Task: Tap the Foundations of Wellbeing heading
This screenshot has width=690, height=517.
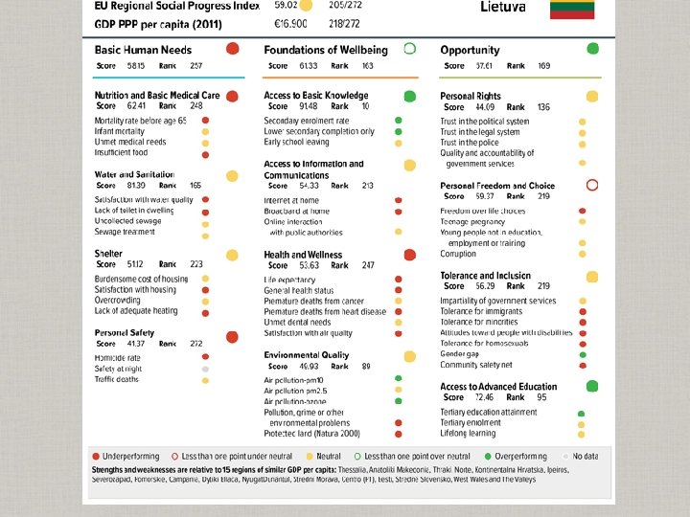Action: [326, 50]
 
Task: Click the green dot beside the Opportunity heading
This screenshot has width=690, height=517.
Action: [592, 49]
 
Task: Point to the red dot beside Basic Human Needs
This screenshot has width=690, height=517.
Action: [233, 49]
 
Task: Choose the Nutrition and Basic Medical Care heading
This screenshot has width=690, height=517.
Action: [157, 96]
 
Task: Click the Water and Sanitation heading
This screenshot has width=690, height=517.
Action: [134, 175]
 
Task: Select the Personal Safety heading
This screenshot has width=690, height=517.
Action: [125, 332]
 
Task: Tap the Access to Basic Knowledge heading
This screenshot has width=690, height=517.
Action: [316, 96]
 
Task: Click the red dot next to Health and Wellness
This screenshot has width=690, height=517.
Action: [409, 255]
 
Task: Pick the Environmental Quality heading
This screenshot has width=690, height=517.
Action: [307, 355]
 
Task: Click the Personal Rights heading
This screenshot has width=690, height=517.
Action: [471, 97]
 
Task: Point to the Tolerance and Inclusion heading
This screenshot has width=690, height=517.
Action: [485, 275]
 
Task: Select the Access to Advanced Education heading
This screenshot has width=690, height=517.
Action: [498, 387]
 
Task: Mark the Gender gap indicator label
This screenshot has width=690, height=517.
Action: [460, 354]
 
